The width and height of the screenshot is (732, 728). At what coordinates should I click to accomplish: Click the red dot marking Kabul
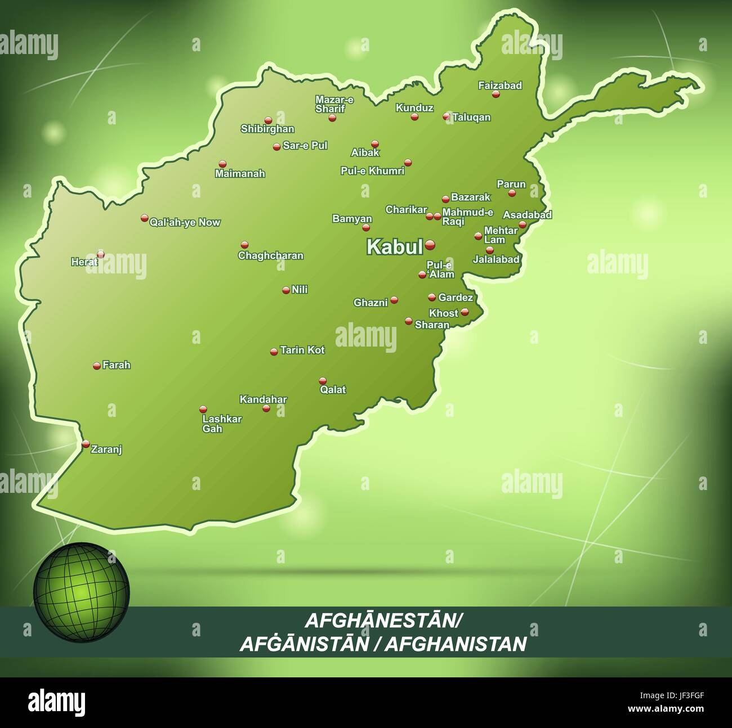(x=430, y=244)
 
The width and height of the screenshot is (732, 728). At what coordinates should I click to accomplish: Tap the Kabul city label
(x=394, y=247)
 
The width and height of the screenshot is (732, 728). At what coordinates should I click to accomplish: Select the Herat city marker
(x=101, y=254)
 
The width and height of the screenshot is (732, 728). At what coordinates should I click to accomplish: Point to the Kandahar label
(x=263, y=399)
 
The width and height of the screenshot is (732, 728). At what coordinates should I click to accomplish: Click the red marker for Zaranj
(x=86, y=444)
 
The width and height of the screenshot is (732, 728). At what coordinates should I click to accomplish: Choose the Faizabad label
(x=500, y=86)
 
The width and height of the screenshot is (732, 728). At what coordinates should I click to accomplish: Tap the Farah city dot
(x=97, y=366)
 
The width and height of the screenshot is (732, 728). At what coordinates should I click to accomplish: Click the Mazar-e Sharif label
(x=334, y=104)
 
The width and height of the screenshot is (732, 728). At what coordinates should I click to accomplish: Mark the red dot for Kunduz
(x=414, y=117)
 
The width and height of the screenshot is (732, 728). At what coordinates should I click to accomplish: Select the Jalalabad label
(x=496, y=259)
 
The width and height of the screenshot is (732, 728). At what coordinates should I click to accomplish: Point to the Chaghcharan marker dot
(x=244, y=245)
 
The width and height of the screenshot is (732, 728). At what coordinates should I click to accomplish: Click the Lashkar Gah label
(x=222, y=424)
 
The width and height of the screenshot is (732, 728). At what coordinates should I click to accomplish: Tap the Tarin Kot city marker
(x=274, y=352)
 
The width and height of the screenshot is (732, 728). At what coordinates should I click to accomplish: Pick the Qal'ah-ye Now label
(x=185, y=222)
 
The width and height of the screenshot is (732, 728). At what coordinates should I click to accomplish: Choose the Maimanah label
(x=240, y=174)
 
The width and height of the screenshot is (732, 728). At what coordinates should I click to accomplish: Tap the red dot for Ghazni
(x=394, y=300)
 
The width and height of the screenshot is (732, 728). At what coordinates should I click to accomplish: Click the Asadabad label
(x=527, y=214)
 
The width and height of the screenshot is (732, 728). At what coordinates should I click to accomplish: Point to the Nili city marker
(x=285, y=290)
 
